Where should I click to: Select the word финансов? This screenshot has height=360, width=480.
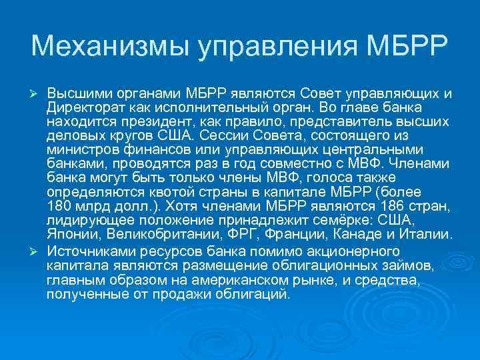[x=140, y=149]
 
